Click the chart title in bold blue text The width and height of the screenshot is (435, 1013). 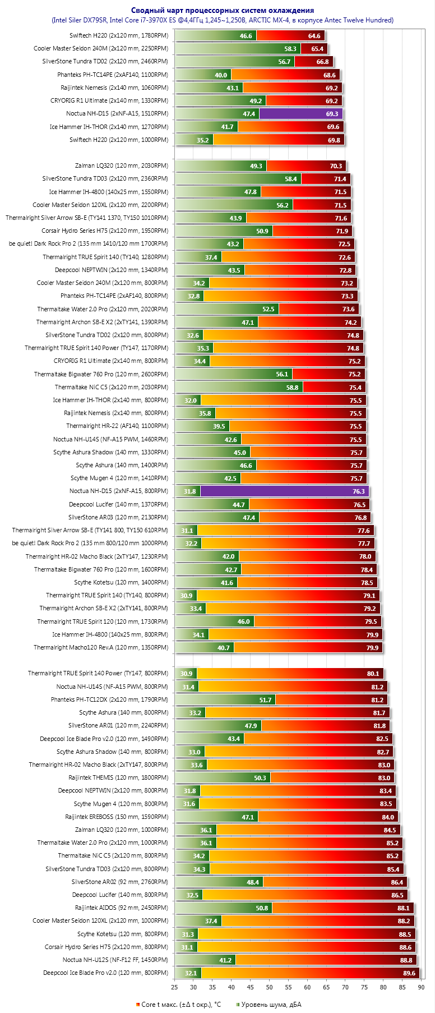point(223,10)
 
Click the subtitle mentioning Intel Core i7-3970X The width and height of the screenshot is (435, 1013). point(223,20)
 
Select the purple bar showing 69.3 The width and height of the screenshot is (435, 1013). point(300,114)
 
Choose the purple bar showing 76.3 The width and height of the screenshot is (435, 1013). point(284,491)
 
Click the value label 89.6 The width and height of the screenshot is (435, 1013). point(409,973)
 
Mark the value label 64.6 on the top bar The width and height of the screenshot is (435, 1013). point(314,36)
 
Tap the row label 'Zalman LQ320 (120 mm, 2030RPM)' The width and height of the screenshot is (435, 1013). point(121,166)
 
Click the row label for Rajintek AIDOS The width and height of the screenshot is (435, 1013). point(121,908)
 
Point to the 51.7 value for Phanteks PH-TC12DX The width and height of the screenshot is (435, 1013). point(265,700)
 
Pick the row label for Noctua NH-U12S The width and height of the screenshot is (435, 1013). point(115,960)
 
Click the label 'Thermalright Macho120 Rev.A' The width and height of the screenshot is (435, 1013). point(100,648)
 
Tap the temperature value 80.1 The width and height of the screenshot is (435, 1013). point(373,674)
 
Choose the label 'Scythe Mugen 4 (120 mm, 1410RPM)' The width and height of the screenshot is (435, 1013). point(119,478)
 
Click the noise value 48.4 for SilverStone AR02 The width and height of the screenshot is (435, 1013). point(253,882)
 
